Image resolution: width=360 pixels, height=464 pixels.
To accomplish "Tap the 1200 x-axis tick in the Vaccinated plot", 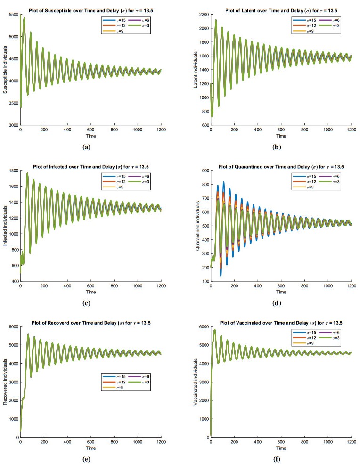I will (350, 442).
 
